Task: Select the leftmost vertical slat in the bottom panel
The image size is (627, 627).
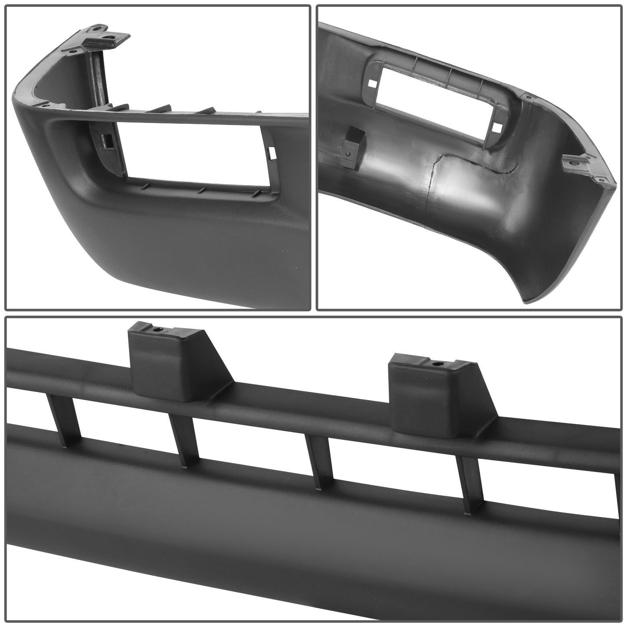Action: (x=65, y=415)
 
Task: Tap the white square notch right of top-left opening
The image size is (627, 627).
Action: (x=272, y=152)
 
